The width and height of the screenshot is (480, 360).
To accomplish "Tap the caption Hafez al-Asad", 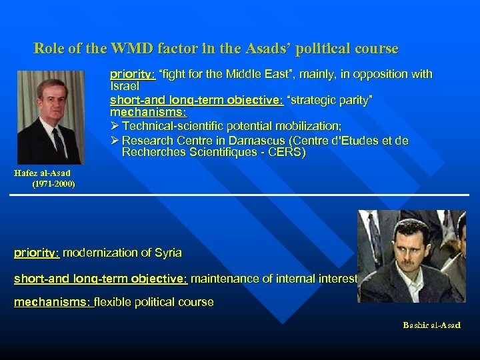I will point(42,173).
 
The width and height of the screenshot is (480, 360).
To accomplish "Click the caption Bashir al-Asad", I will point(431,325).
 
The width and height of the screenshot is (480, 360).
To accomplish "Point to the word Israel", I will point(124,87).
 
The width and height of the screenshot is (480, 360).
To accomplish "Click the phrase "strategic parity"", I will point(329,99).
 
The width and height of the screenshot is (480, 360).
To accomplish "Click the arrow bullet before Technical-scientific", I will point(115,126).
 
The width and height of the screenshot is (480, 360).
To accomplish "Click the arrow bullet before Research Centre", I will point(115,141).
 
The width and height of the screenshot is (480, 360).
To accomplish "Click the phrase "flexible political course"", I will point(154,302).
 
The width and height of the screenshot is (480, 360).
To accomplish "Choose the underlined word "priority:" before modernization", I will point(37,253).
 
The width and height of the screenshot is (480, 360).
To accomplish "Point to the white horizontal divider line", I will point(240,195).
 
